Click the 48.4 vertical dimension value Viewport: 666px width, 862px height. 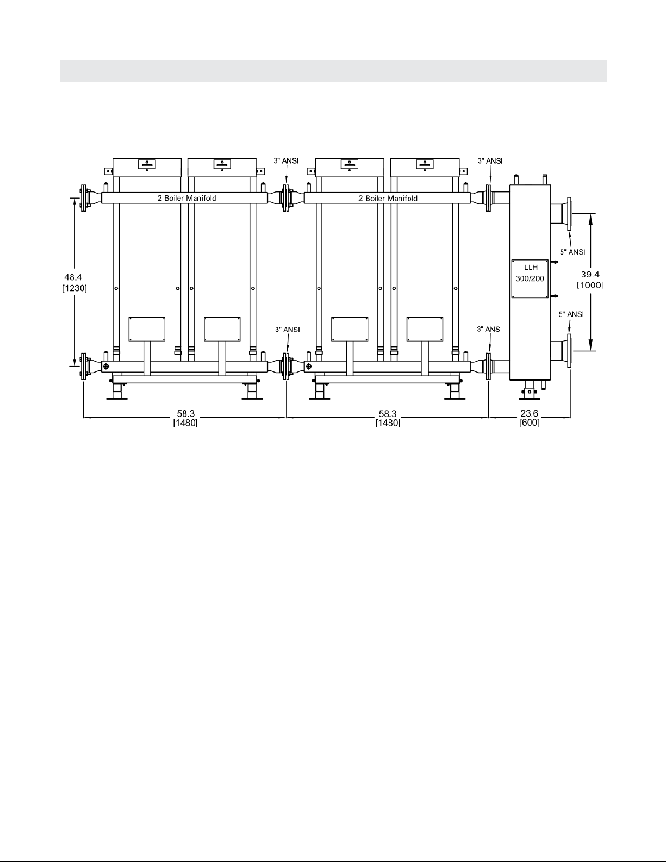tap(73, 277)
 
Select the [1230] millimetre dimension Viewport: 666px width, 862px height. tap(74, 288)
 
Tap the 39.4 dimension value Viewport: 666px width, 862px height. tap(590, 274)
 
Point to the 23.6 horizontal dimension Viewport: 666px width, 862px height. tap(529, 414)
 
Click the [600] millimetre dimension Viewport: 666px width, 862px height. tap(530, 423)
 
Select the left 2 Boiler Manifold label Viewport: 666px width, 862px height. tap(186, 198)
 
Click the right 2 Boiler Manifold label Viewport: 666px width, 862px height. tap(388, 198)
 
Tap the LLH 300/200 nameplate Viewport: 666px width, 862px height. tap(530, 279)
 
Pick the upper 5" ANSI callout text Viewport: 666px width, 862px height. tap(572, 252)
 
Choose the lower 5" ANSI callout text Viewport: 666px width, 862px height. tap(571, 314)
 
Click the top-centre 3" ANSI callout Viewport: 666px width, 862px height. tap(286, 160)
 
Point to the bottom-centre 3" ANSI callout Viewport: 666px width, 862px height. tap(288, 330)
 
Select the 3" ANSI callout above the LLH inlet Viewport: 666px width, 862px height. tap(490, 160)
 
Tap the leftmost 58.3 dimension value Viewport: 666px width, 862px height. tap(185, 414)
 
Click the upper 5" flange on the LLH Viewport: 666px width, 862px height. tap(569, 214)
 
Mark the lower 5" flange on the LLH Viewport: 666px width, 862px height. tap(569, 351)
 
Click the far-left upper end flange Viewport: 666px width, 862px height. tap(83, 198)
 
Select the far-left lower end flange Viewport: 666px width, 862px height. tap(83, 366)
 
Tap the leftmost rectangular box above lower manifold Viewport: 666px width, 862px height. tap(147, 329)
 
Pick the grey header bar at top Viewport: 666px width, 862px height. tap(333, 71)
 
